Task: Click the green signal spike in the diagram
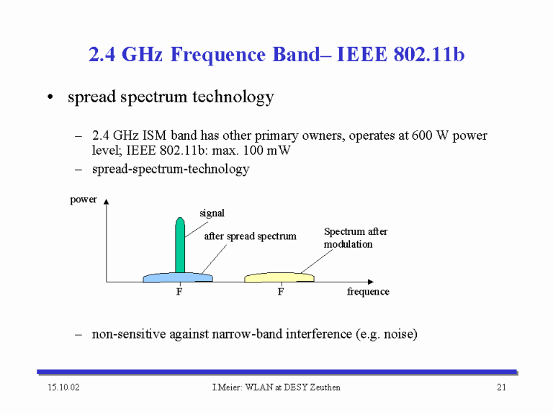(180, 245)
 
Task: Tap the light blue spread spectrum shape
(178, 277)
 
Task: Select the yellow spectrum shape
(279, 277)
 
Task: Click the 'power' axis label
(84, 200)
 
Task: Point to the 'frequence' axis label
(368, 292)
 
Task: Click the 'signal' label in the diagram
(212, 213)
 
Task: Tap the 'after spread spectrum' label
(250, 236)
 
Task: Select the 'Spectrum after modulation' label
(356, 238)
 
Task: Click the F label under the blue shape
(179, 292)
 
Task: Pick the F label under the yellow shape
(281, 292)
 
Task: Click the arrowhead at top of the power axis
(106, 202)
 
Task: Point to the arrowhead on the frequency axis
(371, 282)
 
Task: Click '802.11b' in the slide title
(429, 54)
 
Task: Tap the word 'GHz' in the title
(142, 54)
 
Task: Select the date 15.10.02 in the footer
(64, 388)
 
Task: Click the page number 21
(501, 388)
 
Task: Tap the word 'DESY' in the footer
(295, 388)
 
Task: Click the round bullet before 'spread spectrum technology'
(50, 97)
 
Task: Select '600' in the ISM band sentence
(422, 135)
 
